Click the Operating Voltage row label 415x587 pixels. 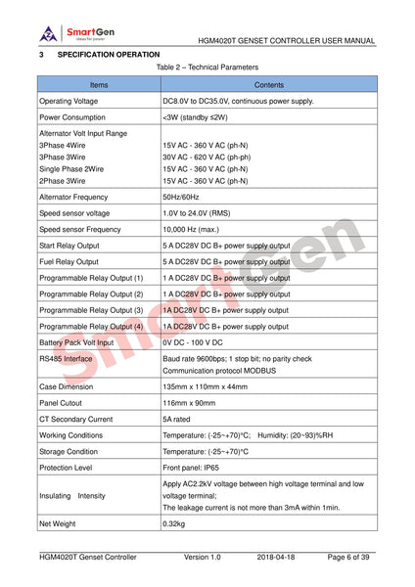tap(69, 101)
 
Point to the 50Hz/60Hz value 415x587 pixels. tap(181, 197)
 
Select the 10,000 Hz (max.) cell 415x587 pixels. tap(193, 229)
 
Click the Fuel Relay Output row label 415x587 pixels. tap(69, 262)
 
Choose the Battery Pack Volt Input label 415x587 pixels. tap(76, 342)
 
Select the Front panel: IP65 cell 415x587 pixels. tap(199, 468)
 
